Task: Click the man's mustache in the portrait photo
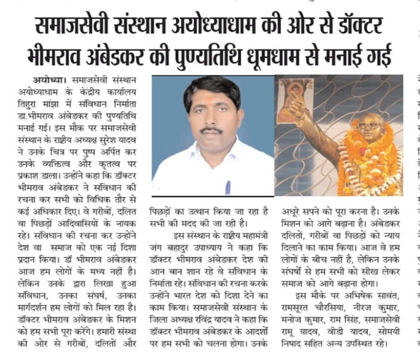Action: pos(211,130)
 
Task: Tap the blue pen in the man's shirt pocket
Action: pos(227,187)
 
